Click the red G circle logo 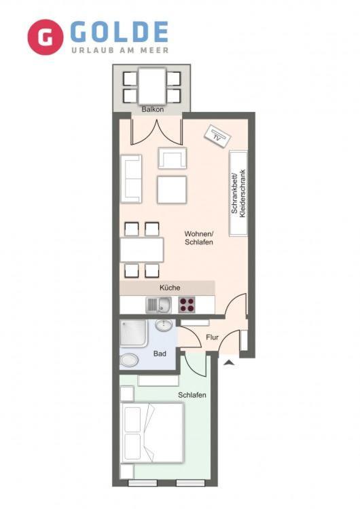(x=45, y=37)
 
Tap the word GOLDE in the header (x=119, y=32)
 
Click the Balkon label (x=152, y=109)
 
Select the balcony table (x=152, y=86)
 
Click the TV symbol (x=217, y=136)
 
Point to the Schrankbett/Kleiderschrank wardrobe (x=238, y=193)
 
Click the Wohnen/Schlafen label (x=198, y=238)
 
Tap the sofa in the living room (x=131, y=179)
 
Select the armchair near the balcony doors (x=173, y=158)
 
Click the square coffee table (x=172, y=190)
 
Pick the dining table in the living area (x=142, y=250)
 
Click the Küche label (x=170, y=288)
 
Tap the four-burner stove (x=187, y=305)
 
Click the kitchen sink (x=158, y=305)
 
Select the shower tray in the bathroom (x=134, y=333)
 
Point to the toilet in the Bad (x=129, y=360)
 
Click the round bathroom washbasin (x=164, y=324)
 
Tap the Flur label (x=212, y=337)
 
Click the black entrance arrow (x=230, y=362)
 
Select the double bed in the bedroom (x=151, y=433)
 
